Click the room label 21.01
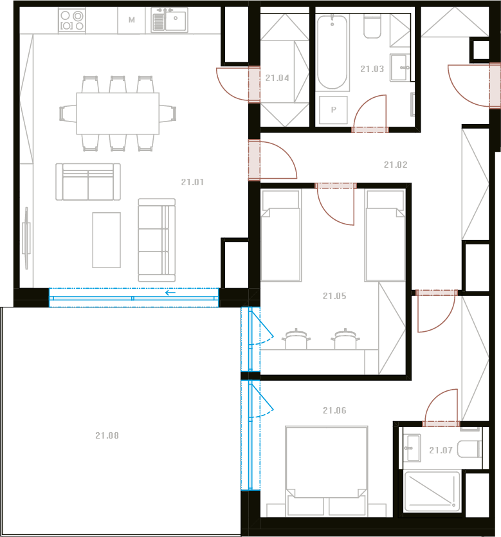click(192, 182)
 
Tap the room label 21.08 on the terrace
click(107, 435)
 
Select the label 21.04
click(277, 78)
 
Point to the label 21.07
click(441, 450)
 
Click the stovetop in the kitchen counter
click(71, 20)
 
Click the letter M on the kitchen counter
click(131, 20)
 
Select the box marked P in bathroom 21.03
click(333, 110)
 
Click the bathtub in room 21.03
click(332, 52)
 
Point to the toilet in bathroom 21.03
click(372, 26)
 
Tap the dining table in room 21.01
click(118, 113)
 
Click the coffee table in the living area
click(107, 240)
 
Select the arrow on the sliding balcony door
click(170, 293)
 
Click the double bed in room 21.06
click(326, 471)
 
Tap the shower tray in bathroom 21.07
click(432, 491)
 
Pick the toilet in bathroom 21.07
click(469, 449)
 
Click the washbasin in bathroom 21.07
click(412, 448)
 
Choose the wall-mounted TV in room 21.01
click(26, 238)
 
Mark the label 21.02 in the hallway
click(396, 165)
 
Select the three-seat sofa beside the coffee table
click(156, 240)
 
